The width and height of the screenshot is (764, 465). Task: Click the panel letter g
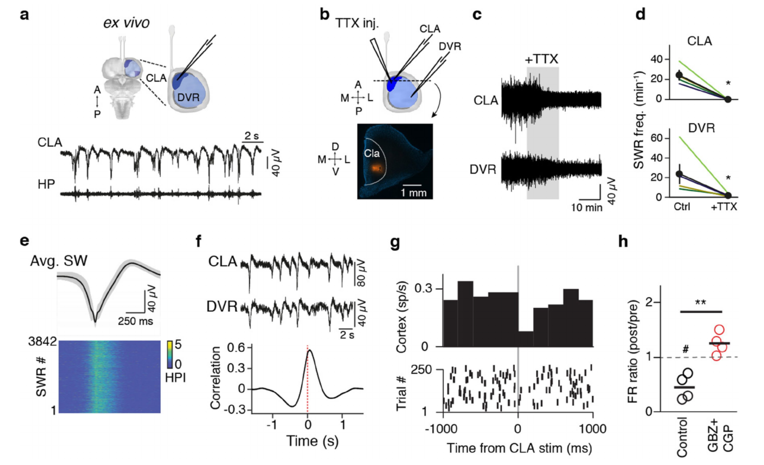(395, 242)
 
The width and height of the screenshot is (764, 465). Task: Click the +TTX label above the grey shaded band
(541, 59)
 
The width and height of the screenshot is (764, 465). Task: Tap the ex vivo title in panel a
(127, 23)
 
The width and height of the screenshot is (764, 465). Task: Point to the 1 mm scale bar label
(414, 193)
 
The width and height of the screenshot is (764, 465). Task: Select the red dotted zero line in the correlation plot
(307, 377)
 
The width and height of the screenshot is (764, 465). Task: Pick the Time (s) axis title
(312, 441)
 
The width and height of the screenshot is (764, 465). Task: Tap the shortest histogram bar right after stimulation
(525, 339)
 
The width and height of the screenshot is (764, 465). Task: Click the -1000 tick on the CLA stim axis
(441, 429)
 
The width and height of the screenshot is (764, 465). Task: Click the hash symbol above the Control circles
(686, 350)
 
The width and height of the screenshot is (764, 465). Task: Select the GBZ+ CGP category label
(720, 438)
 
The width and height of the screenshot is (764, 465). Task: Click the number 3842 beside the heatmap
(42, 342)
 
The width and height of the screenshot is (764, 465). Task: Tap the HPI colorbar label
(175, 377)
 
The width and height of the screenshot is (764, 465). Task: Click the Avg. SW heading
(59, 261)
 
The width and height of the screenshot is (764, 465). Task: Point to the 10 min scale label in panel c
(586, 207)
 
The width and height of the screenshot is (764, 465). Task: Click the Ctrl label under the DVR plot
(682, 207)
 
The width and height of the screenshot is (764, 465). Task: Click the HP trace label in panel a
(46, 184)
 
